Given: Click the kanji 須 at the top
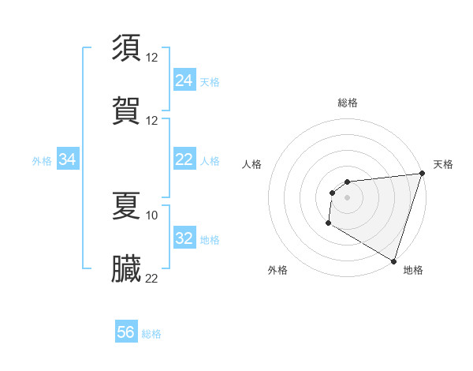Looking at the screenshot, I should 127,47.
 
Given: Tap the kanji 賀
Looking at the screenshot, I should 127,109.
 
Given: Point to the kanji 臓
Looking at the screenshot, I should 127,268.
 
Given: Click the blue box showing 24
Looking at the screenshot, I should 184,80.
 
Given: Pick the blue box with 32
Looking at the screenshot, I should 184,238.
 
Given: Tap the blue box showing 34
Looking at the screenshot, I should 68,159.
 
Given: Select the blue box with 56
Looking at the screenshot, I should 126,332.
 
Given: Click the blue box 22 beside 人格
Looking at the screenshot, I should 184,159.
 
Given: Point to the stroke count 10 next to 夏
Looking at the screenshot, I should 152,215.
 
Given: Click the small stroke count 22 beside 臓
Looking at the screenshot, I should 152,278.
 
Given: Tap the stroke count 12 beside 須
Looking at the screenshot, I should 152,57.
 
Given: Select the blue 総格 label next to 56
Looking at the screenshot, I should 151,334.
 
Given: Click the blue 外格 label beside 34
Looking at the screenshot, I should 42,161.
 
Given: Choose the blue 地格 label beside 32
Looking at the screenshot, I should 210,240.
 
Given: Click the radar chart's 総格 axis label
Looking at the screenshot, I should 347,103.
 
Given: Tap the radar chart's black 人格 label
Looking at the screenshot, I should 251,164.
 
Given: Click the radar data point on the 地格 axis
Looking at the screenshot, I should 393,260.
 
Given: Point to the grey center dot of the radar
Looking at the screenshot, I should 347,197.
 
